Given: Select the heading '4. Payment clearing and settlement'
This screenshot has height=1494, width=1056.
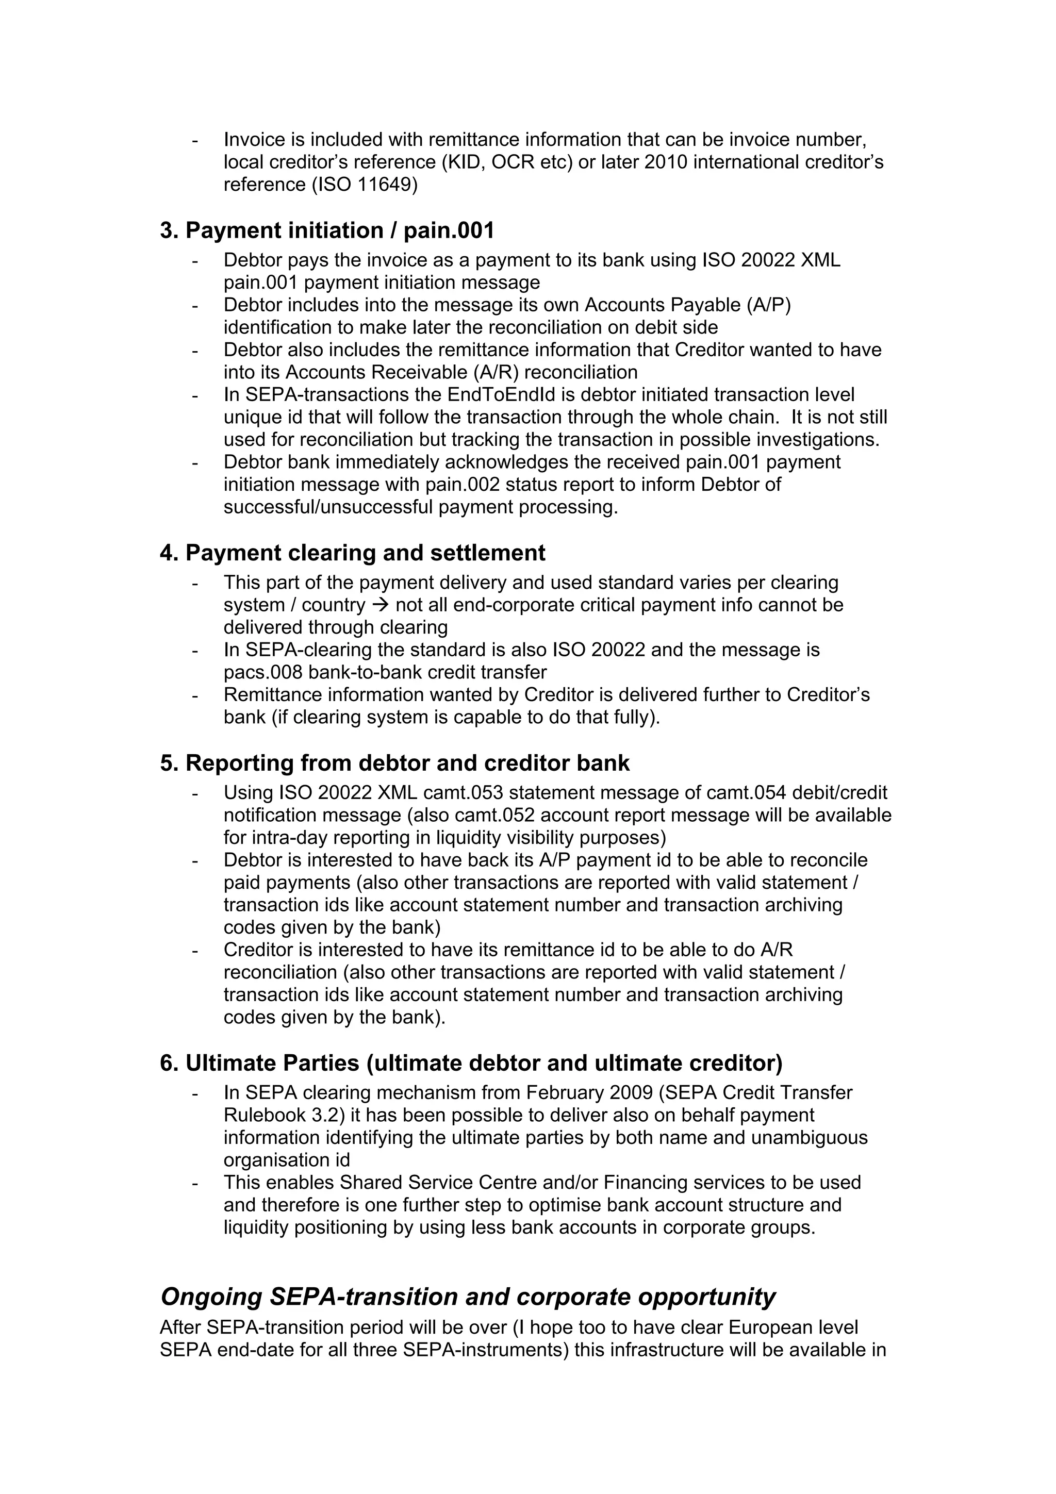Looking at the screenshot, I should point(352,553).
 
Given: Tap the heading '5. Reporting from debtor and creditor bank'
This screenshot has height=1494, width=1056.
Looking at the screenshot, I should point(394,762).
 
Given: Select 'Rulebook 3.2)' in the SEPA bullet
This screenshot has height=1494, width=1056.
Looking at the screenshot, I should point(284,1115).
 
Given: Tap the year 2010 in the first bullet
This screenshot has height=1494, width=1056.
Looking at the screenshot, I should point(665,162).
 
